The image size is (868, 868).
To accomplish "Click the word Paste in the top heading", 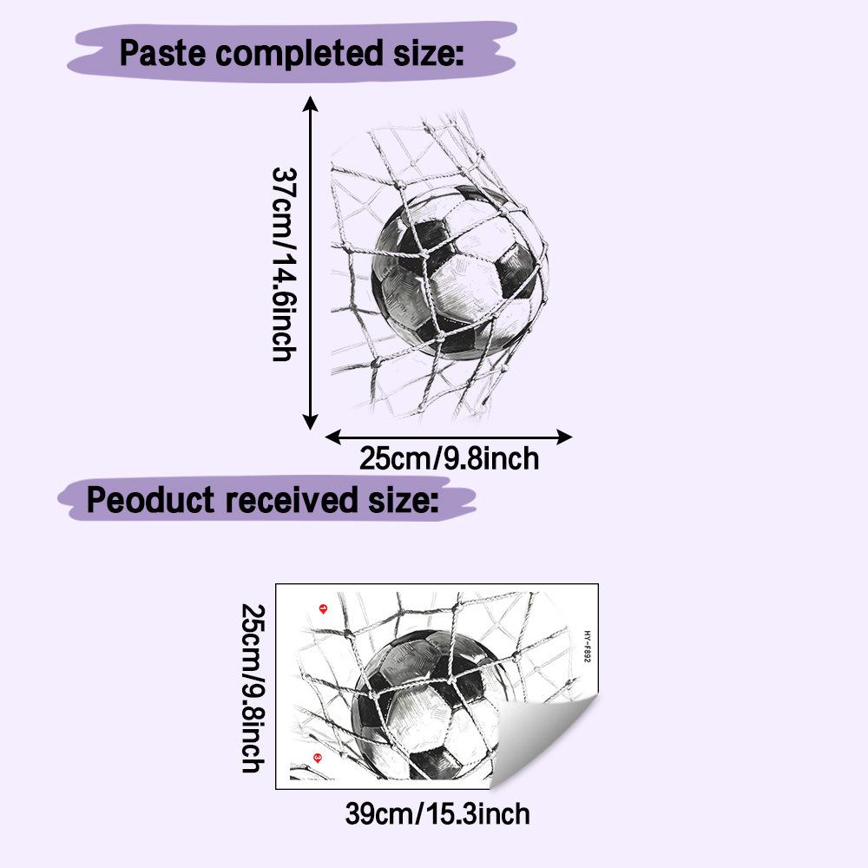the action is click(x=163, y=53).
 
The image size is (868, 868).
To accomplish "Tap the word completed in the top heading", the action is click(x=299, y=54).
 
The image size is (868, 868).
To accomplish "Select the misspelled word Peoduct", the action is click(x=150, y=499).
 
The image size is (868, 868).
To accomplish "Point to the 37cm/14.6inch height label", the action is click(x=285, y=265).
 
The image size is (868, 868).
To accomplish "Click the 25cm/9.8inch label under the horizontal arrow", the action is click(x=449, y=458).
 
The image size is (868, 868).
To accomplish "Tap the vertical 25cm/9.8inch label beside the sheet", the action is click(x=253, y=688).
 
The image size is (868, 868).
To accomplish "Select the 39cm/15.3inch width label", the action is click(x=437, y=814).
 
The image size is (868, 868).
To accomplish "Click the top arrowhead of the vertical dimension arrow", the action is click(x=310, y=103).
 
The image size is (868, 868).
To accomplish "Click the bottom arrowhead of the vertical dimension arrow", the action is click(x=310, y=423).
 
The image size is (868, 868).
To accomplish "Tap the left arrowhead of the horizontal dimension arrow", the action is click(x=332, y=437).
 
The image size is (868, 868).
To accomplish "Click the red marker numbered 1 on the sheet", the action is click(x=324, y=609).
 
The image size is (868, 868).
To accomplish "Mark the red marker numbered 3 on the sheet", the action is click(x=317, y=757).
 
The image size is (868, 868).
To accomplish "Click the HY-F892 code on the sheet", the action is click(x=588, y=647).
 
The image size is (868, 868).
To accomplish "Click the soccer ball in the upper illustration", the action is click(x=459, y=271).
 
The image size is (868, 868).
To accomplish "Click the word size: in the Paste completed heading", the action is click(x=429, y=53).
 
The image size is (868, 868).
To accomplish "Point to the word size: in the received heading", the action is click(x=404, y=499).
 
